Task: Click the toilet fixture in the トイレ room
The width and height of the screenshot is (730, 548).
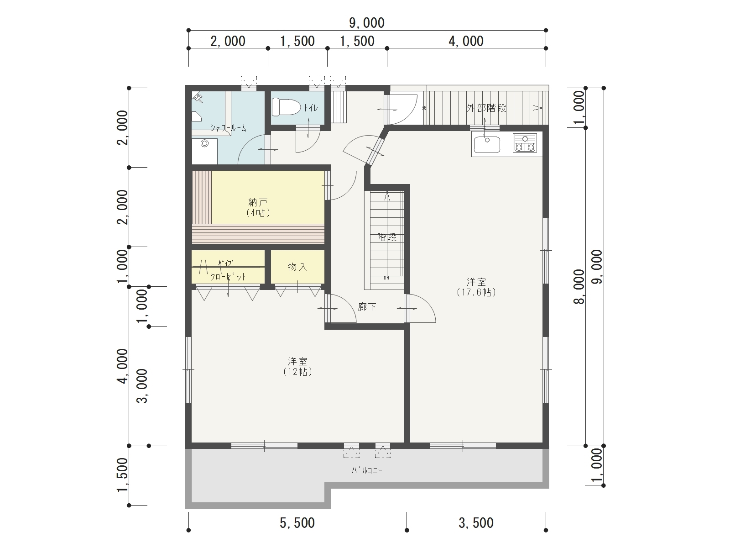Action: (286, 107)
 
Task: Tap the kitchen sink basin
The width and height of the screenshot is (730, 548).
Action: (487, 144)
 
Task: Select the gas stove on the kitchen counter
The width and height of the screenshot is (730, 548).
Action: (525, 143)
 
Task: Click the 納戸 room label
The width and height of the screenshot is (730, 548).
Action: (258, 202)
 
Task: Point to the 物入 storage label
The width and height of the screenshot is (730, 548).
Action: (297, 267)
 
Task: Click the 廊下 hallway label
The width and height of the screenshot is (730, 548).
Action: (367, 306)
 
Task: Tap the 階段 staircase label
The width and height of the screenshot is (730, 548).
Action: (387, 237)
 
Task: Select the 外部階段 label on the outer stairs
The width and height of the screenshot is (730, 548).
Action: (486, 108)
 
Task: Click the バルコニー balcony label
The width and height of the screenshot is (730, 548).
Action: (367, 470)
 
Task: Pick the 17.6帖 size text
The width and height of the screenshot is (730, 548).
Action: (476, 292)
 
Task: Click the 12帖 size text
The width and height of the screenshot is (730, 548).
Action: (297, 372)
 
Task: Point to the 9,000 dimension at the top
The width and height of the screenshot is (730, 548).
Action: (367, 23)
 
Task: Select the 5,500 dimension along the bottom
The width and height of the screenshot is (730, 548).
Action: (297, 523)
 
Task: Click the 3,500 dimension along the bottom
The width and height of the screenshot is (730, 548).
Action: (476, 523)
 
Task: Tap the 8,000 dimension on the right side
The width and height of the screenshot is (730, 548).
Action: (579, 286)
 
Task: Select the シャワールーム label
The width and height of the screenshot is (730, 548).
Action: (228, 128)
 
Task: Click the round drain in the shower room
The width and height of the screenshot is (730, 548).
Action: (204, 143)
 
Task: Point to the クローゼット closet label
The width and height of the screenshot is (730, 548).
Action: (228, 277)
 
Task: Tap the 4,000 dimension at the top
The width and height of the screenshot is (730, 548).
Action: (466, 41)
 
